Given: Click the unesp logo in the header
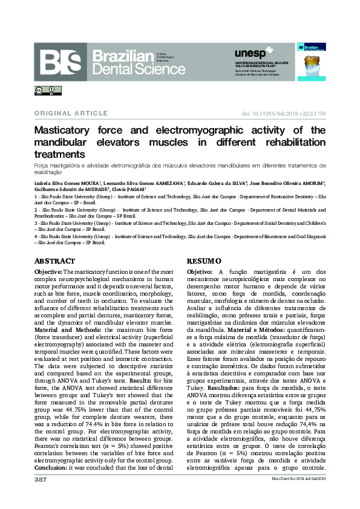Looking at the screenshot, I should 249,54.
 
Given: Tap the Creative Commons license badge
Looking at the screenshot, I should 48,91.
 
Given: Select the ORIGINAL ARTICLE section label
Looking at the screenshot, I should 71,113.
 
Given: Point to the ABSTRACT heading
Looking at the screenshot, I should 54,261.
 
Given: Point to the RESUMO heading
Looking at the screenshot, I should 205,261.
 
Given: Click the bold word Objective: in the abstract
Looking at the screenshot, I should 48,273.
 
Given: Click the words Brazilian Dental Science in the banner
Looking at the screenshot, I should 139,62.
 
